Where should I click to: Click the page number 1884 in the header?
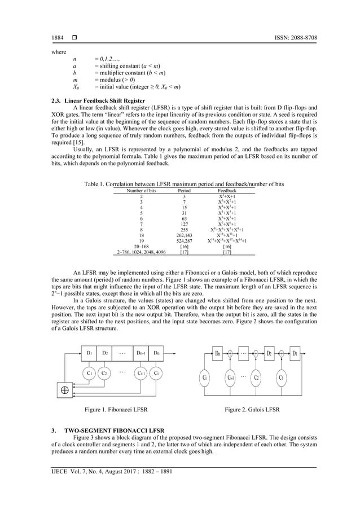(58, 38)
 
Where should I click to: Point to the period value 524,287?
(184, 241)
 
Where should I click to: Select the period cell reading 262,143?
(184, 235)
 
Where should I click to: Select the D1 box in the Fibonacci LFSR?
(89, 353)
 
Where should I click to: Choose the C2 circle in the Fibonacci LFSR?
(105, 372)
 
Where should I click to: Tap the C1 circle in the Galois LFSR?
(280, 376)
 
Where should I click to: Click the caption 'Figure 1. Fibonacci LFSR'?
(116, 409)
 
